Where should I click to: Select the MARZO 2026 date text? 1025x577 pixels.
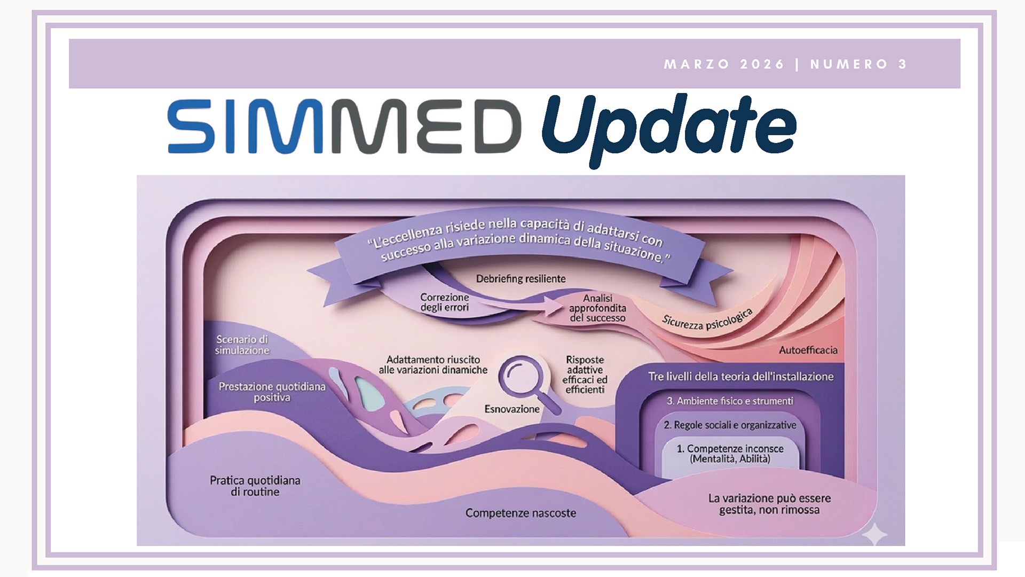click(x=724, y=64)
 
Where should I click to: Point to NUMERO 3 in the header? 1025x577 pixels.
click(x=858, y=64)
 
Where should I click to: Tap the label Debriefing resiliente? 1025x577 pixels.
click(x=521, y=278)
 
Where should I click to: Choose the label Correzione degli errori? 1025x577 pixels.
click(x=445, y=302)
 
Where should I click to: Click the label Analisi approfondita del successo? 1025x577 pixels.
click(x=597, y=308)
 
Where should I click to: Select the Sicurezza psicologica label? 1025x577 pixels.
click(x=707, y=319)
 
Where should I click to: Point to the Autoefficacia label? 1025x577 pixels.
click(x=808, y=350)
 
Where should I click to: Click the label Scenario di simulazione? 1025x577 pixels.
click(x=242, y=345)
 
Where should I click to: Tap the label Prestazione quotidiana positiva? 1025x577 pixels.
click(x=272, y=392)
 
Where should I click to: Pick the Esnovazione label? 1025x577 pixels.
click(x=512, y=409)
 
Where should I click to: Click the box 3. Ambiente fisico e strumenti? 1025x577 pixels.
click(x=730, y=401)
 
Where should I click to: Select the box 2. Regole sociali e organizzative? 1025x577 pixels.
click(x=730, y=425)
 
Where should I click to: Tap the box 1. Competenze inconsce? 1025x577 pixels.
click(x=730, y=454)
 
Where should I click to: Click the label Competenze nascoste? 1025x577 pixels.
click(x=521, y=513)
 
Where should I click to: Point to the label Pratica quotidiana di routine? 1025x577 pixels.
click(x=255, y=486)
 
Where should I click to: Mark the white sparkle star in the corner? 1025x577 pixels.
click(x=874, y=534)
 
